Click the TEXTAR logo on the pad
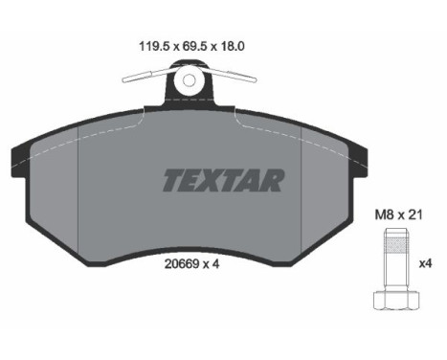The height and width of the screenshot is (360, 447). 223,181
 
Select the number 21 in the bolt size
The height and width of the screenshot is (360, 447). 415,215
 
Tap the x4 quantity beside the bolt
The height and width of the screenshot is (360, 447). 425,263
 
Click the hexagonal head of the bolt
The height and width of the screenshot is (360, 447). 396,300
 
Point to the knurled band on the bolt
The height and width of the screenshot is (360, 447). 396,244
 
